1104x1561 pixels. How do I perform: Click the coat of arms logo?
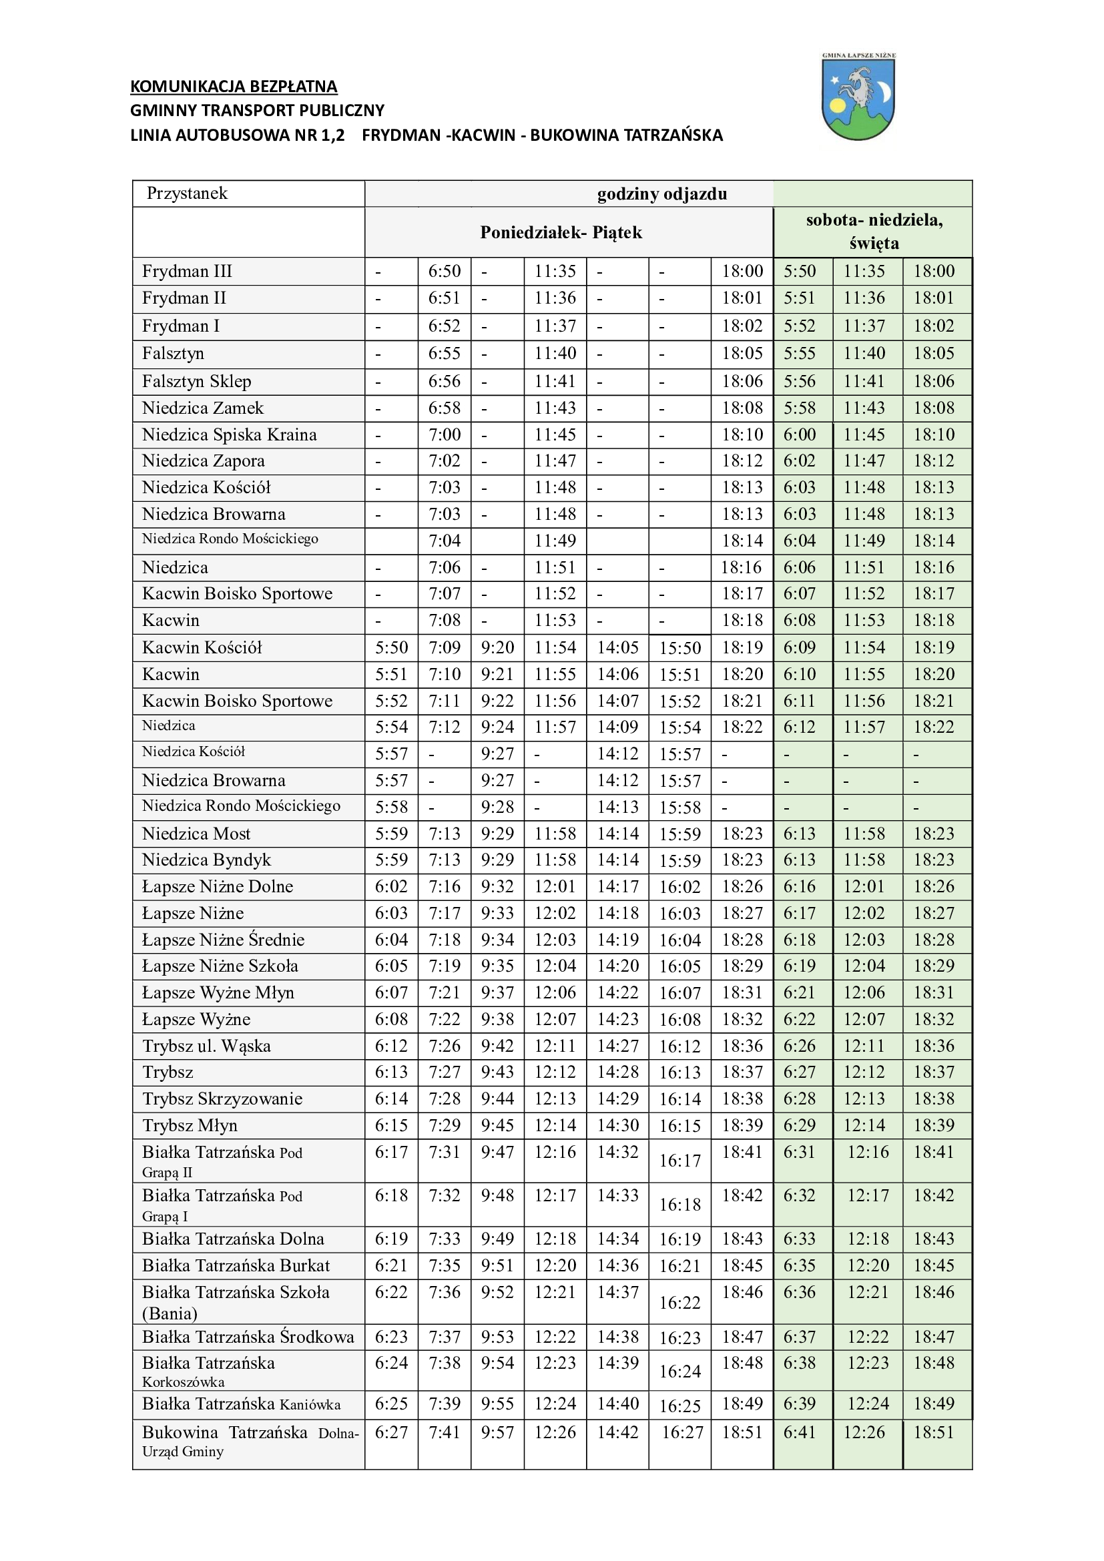tap(858, 97)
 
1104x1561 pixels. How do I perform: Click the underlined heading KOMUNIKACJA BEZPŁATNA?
tap(233, 86)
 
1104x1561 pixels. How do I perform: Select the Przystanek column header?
tap(187, 193)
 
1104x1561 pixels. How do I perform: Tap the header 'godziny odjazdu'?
tap(661, 194)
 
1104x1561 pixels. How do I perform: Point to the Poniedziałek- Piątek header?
tap(561, 232)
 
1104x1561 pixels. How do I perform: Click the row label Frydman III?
tap(187, 271)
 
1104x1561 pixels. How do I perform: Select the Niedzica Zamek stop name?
tap(203, 408)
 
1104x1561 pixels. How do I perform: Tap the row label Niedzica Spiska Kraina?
tap(229, 434)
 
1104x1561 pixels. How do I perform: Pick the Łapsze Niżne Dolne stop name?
tap(218, 886)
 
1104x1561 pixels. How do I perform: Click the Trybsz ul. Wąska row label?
tap(207, 1046)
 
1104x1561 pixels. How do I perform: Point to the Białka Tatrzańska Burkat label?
tap(236, 1265)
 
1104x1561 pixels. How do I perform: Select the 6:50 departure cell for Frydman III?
tap(444, 271)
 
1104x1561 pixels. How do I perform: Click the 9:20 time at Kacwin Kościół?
tap(497, 647)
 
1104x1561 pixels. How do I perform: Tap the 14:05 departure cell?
tap(617, 647)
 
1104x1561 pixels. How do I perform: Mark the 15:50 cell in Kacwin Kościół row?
tap(679, 648)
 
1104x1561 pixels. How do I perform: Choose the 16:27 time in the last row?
tap(682, 1432)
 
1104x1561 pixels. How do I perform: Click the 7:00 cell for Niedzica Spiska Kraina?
tap(444, 434)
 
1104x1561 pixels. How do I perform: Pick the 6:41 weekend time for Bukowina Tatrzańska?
tap(800, 1432)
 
